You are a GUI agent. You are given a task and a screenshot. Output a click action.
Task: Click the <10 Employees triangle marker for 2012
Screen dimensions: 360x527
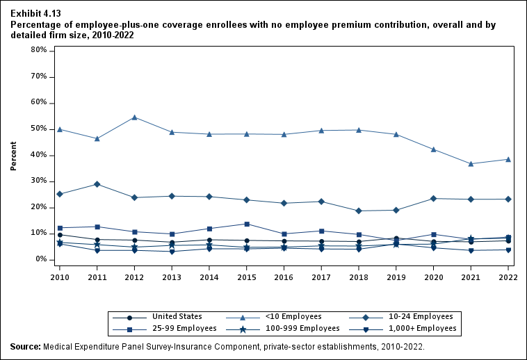point(134,117)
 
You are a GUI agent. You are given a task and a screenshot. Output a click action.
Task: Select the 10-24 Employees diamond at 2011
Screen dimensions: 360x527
point(97,184)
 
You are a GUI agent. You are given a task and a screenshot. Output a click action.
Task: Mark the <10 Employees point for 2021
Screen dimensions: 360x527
point(471,163)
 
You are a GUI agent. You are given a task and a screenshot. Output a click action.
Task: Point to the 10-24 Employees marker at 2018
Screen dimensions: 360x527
point(359,211)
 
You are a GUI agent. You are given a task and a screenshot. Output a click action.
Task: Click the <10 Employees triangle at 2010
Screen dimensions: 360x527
point(60,129)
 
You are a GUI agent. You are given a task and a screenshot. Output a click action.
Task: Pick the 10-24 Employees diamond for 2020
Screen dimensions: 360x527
point(434,199)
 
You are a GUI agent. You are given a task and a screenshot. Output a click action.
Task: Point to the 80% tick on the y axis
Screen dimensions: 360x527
point(38,50)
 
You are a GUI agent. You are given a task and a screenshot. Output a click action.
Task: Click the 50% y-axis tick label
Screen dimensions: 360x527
point(38,129)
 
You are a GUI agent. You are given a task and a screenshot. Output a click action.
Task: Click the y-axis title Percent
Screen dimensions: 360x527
point(14,156)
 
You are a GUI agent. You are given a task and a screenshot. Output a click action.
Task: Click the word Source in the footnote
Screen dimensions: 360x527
point(25,345)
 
